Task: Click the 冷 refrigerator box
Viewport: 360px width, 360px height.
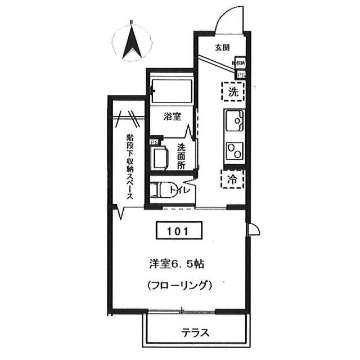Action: pyautogui.click(x=233, y=179)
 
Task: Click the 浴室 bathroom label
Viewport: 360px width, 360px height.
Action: pyautogui.click(x=172, y=117)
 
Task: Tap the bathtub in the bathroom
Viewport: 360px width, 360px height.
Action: pyautogui.click(x=172, y=88)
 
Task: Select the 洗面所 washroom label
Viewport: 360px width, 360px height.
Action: pyautogui.click(x=181, y=156)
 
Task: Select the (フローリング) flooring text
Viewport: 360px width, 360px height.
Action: pyautogui.click(x=180, y=285)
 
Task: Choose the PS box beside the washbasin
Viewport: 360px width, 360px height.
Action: pyautogui.click(x=153, y=142)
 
